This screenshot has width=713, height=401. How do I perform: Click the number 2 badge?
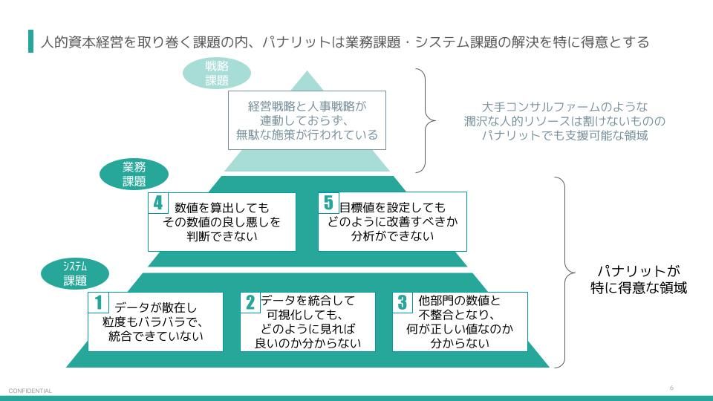pyautogui.click(x=250, y=302)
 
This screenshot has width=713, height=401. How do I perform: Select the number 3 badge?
pyautogui.click(x=403, y=302)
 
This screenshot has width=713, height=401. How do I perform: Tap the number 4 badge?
pyautogui.click(x=158, y=203)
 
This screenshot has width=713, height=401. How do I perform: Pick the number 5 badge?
pyautogui.click(x=328, y=202)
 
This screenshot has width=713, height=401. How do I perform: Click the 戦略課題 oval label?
pyautogui.click(x=217, y=74)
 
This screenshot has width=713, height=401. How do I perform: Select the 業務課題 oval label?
pyautogui.click(x=134, y=174)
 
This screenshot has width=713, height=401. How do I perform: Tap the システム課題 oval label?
pyautogui.click(x=75, y=273)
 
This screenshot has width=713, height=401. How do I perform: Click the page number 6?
pyautogui.click(x=671, y=388)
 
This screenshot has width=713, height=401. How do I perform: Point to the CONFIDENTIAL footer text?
pyautogui.click(x=30, y=391)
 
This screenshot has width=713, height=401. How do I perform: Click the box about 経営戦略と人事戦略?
pyautogui.click(x=307, y=120)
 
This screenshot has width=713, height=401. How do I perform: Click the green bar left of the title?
pyautogui.click(x=30, y=42)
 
